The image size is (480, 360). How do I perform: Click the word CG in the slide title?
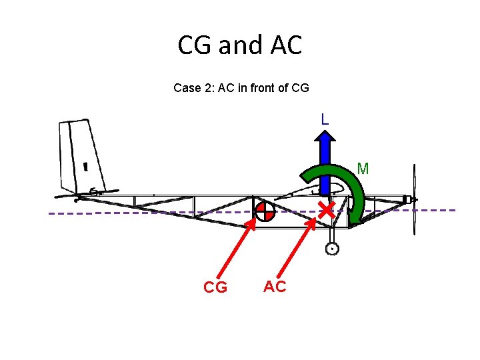[x=195, y=45]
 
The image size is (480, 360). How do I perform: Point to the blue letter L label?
[x=324, y=120]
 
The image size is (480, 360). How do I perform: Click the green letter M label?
[x=363, y=169]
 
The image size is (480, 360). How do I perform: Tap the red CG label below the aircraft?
[x=215, y=287]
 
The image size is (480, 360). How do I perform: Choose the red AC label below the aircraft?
[x=275, y=287]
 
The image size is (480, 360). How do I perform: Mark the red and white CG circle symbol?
[x=265, y=211]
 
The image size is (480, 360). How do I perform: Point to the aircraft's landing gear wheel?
[x=331, y=249]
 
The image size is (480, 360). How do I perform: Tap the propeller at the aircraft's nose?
[x=415, y=199]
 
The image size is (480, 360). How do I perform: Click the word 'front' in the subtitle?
[x=253, y=88]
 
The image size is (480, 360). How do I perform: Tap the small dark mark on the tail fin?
[x=86, y=166]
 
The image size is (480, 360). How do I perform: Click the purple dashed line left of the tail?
[x=57, y=213]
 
